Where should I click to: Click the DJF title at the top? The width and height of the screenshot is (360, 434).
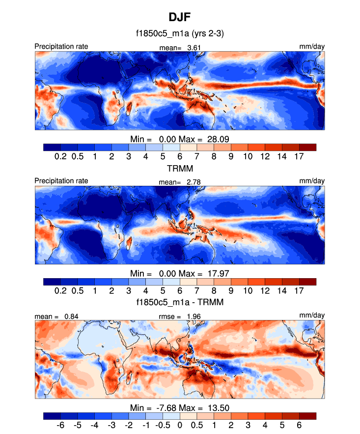point(180,18)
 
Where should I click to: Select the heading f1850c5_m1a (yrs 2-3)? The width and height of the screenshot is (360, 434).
point(180,34)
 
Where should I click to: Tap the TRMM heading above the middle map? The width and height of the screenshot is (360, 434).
point(180,168)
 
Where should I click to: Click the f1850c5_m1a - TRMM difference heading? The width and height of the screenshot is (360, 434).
point(180,302)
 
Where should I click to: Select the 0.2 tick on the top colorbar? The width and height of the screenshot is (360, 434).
point(60,156)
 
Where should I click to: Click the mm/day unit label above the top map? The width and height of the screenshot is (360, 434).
point(312,47)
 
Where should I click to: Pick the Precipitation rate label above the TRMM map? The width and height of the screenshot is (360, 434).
point(61,181)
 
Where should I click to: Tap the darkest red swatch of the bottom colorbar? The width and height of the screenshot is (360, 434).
point(307,415)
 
